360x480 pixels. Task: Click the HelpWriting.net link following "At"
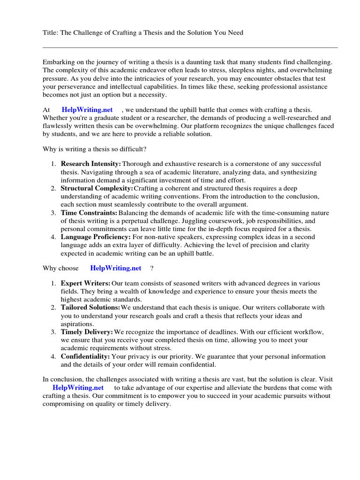click(87, 110)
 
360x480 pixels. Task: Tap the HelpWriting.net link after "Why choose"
click(115, 268)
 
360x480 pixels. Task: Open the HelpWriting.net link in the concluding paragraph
click(78, 388)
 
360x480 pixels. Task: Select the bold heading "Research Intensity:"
click(91, 164)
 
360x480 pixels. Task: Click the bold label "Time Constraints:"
click(89, 213)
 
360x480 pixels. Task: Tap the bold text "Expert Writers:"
click(86, 283)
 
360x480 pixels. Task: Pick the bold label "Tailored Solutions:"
click(90, 307)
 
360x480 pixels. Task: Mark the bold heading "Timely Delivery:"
click(87, 332)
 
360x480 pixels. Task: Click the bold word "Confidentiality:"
click(85, 356)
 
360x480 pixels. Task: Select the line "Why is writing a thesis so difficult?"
click(95, 149)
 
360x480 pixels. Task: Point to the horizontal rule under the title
click(190, 47)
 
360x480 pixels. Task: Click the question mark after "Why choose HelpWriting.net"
click(151, 268)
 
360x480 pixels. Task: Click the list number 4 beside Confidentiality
click(53, 356)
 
